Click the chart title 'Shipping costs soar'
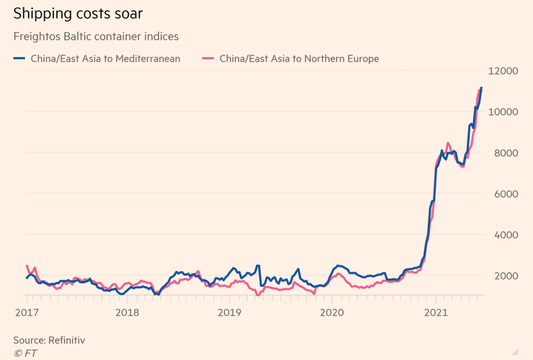(x=78, y=13)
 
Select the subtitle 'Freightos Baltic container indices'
(x=96, y=37)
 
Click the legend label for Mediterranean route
(x=105, y=59)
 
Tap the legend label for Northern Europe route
(x=299, y=59)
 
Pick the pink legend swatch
(x=208, y=59)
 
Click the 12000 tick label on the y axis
(x=503, y=71)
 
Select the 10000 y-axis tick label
(x=503, y=112)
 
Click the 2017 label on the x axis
(x=27, y=313)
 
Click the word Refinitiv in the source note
(x=66, y=340)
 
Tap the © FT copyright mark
(x=25, y=352)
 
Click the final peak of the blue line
(x=481, y=88)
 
